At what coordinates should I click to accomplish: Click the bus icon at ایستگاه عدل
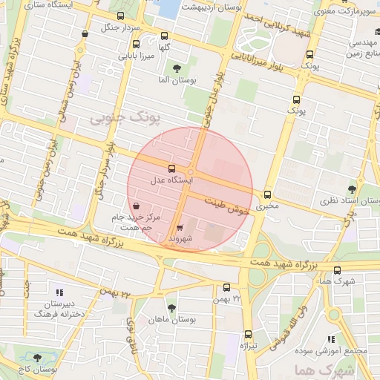172,168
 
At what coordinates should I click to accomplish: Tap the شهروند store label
180,239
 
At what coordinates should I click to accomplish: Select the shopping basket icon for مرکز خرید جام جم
134,206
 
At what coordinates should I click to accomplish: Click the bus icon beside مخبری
266,194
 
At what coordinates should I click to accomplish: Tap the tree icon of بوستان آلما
177,68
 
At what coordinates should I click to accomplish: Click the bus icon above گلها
163,35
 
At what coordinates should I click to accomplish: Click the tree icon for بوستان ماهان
172,308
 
